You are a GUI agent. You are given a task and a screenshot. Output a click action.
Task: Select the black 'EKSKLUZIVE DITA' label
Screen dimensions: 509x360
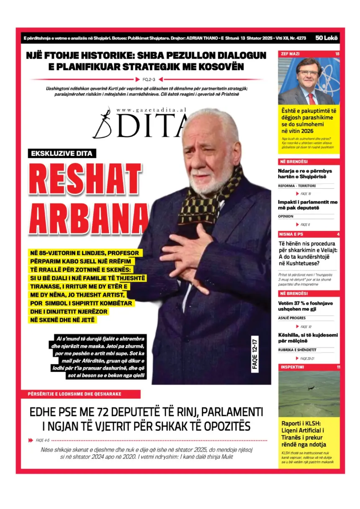(x=62, y=153)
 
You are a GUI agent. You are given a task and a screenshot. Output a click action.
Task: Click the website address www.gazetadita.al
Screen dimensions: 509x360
(x=151, y=110)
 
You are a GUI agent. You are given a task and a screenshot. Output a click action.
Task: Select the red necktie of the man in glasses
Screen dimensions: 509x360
(x=311, y=99)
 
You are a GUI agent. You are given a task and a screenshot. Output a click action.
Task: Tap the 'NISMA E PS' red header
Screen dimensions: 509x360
(x=291, y=234)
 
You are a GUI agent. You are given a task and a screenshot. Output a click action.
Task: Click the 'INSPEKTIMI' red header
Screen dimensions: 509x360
(x=292, y=367)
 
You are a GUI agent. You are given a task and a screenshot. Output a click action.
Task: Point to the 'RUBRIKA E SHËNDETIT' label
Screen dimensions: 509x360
(x=297, y=350)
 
